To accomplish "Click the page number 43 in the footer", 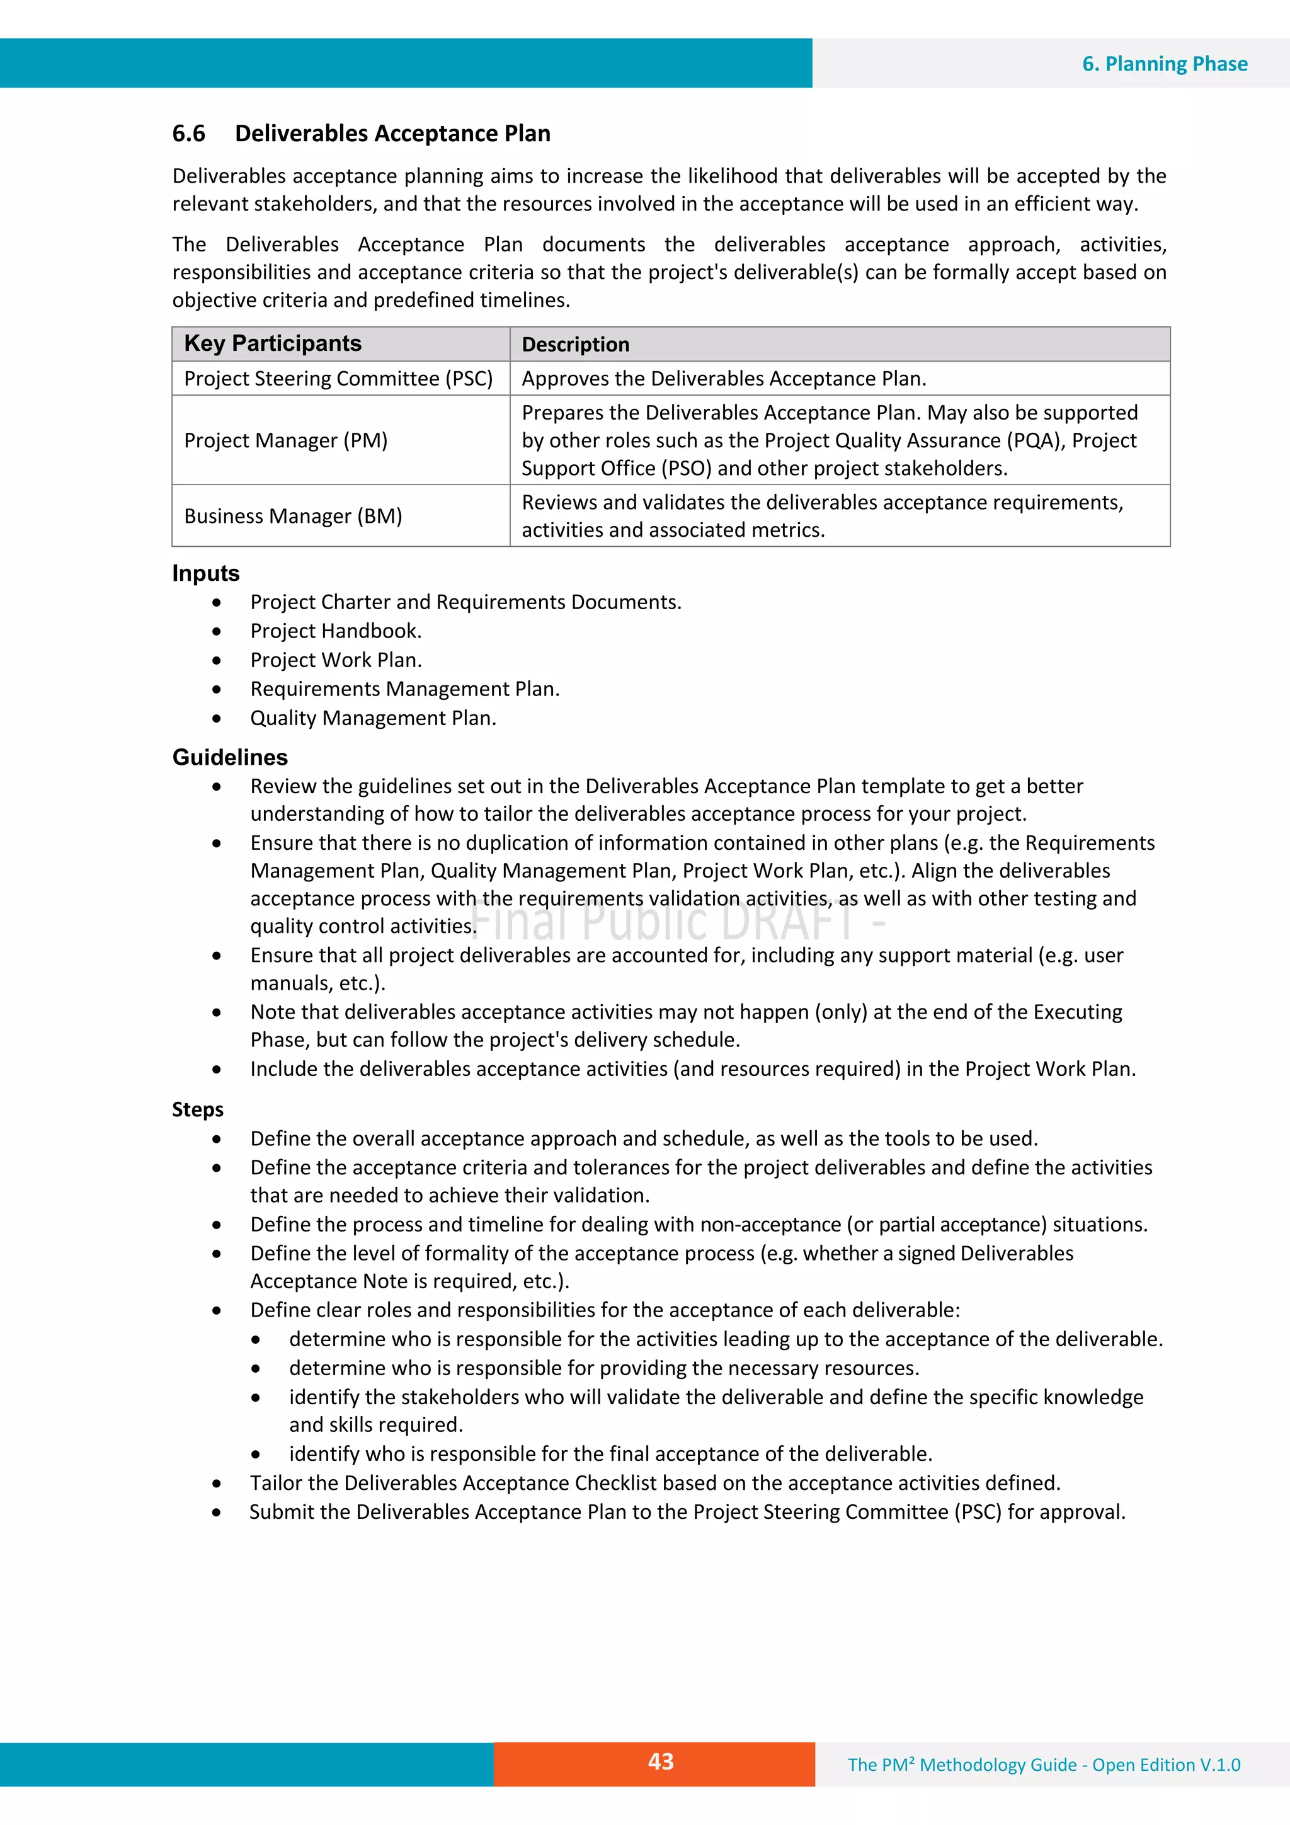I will pos(661,1761).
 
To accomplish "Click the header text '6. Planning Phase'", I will pos(1165,64).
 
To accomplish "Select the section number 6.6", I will pos(188,134).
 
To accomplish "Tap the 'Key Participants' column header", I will pos(273,343).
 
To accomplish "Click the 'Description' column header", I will pos(576,344).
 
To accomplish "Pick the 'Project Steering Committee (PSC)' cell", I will pos(339,379).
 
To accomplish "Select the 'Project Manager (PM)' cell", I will pos(285,440).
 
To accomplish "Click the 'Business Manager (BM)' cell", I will pos(292,516).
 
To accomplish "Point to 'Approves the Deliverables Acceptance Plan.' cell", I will pos(723,379).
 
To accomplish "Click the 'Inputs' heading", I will pos(205,573).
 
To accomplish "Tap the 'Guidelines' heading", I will pos(230,757).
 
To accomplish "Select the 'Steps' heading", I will pos(197,1109).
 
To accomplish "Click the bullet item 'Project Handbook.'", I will pos(336,631).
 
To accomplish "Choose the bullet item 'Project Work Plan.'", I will pos(336,660).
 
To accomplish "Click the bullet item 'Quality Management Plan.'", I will pos(373,718).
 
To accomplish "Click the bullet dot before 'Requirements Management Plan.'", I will pos(216,689).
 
